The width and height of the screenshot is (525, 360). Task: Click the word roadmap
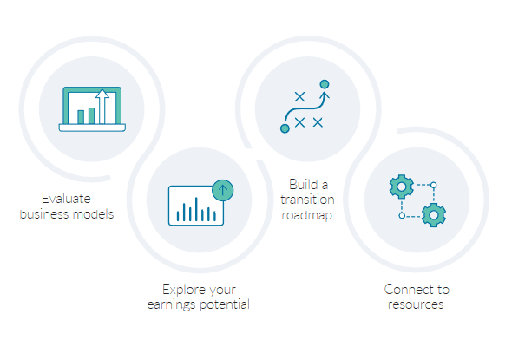308,214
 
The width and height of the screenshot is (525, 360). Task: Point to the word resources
417,304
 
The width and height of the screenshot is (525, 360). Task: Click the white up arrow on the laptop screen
103,106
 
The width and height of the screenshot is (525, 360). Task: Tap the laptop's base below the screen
92,128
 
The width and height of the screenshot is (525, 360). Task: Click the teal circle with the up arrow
223,190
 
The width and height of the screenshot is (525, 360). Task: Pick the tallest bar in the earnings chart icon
196,208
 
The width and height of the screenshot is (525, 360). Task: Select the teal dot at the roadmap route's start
285,128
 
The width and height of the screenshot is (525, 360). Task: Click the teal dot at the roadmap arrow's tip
325,84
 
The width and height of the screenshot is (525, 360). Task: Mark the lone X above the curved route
300,95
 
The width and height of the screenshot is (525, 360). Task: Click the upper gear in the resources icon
401,185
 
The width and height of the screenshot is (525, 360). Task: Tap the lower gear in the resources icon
434,214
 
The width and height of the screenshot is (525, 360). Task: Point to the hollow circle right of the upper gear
434,185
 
